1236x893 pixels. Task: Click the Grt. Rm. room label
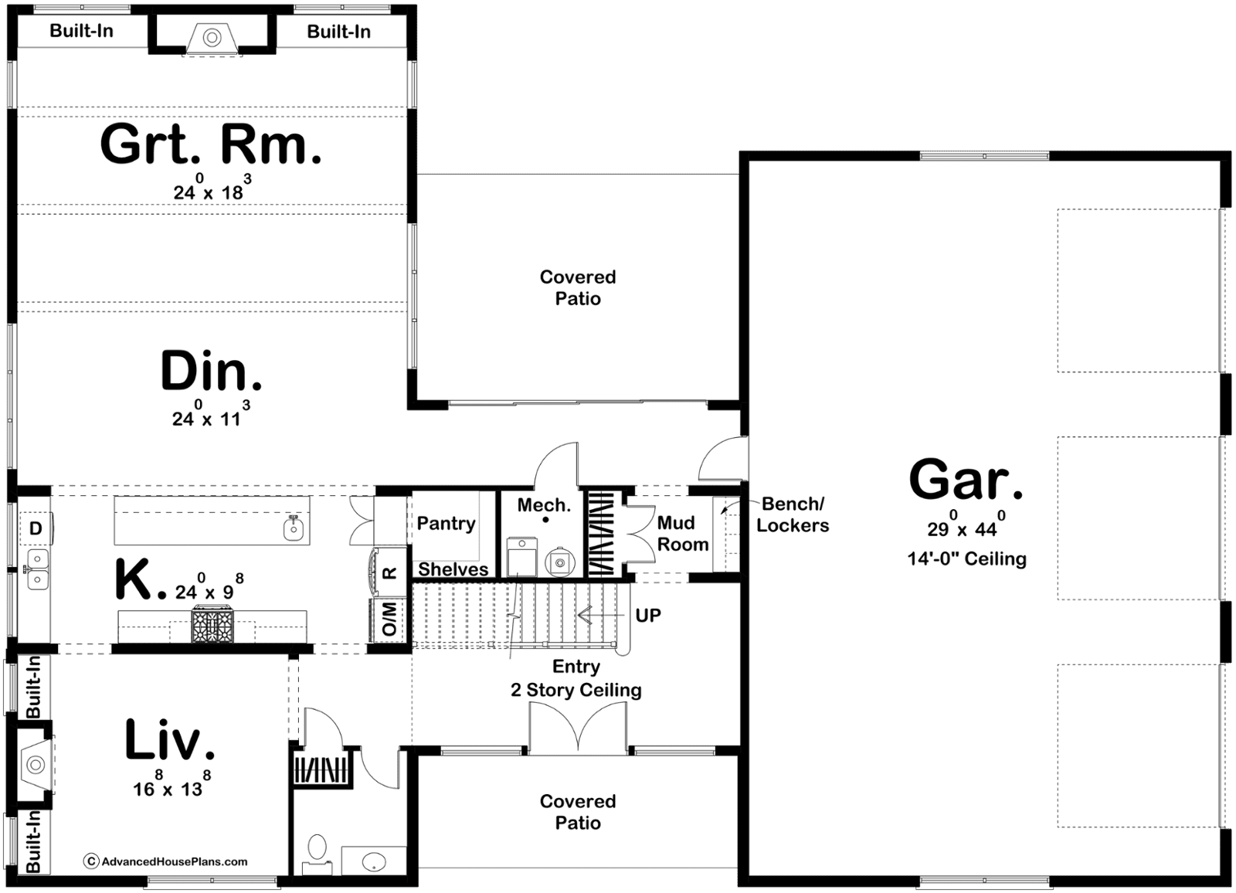click(x=211, y=144)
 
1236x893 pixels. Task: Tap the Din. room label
click(x=211, y=371)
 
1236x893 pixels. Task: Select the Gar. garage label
click(x=966, y=479)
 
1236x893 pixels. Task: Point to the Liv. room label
click(x=169, y=739)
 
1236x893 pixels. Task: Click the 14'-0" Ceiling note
click(x=966, y=559)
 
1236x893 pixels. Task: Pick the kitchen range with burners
click(x=212, y=623)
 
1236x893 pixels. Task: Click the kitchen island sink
click(x=294, y=528)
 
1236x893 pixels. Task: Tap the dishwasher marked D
click(x=36, y=528)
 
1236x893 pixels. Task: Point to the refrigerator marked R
click(x=389, y=572)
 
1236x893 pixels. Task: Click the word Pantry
click(x=446, y=523)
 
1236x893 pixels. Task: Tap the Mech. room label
click(x=544, y=505)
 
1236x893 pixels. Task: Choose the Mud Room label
click(x=683, y=533)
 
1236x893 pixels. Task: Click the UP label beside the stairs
click(x=648, y=616)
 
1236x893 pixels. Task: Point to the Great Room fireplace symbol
click(x=212, y=38)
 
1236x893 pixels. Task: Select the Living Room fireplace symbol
click(x=36, y=765)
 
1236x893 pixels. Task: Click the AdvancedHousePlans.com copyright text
click(x=166, y=861)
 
